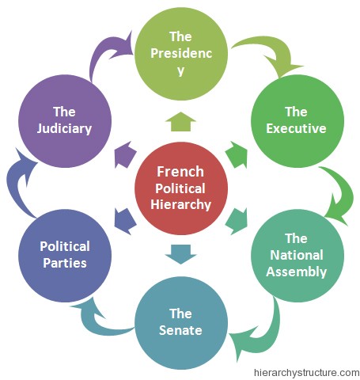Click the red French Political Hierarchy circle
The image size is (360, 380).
(181, 188)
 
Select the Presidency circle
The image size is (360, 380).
(181, 54)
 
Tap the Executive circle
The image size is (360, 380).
(297, 121)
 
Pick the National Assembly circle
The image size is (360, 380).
(297, 256)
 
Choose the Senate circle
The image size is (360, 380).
(181, 323)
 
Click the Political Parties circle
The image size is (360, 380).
(65, 256)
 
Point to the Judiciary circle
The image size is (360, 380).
(65, 121)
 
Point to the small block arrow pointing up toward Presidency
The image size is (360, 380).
(180, 122)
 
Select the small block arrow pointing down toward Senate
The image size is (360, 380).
(180, 254)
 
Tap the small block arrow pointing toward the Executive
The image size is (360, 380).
(237, 155)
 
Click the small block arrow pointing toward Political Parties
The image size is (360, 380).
(125, 221)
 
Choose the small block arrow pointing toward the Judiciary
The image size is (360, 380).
(125, 155)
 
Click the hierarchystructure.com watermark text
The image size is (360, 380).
(306, 373)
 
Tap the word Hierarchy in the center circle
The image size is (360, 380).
(181, 205)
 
